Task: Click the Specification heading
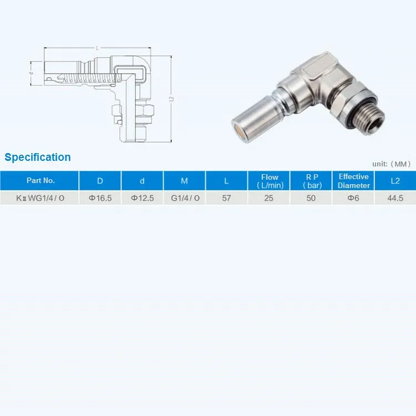pyautogui.click(x=38, y=157)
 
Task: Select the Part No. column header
pyautogui.click(x=40, y=181)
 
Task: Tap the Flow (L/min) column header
pyautogui.click(x=270, y=181)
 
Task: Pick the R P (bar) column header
pyautogui.click(x=311, y=181)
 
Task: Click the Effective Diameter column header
pyautogui.click(x=353, y=181)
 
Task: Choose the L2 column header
pyautogui.click(x=395, y=181)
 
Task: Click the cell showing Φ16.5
pyautogui.click(x=100, y=198)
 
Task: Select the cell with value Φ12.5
pyautogui.click(x=142, y=198)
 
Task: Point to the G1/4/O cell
pyautogui.click(x=185, y=198)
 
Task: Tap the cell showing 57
pyautogui.click(x=226, y=198)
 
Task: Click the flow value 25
pyautogui.click(x=269, y=198)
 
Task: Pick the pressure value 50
pyautogui.click(x=311, y=198)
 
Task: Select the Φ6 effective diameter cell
pyautogui.click(x=353, y=198)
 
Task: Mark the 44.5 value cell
pyautogui.click(x=395, y=198)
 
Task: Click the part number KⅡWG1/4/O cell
pyautogui.click(x=40, y=198)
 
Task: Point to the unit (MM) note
pyautogui.click(x=391, y=164)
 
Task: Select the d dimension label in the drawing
pyautogui.click(x=32, y=73)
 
